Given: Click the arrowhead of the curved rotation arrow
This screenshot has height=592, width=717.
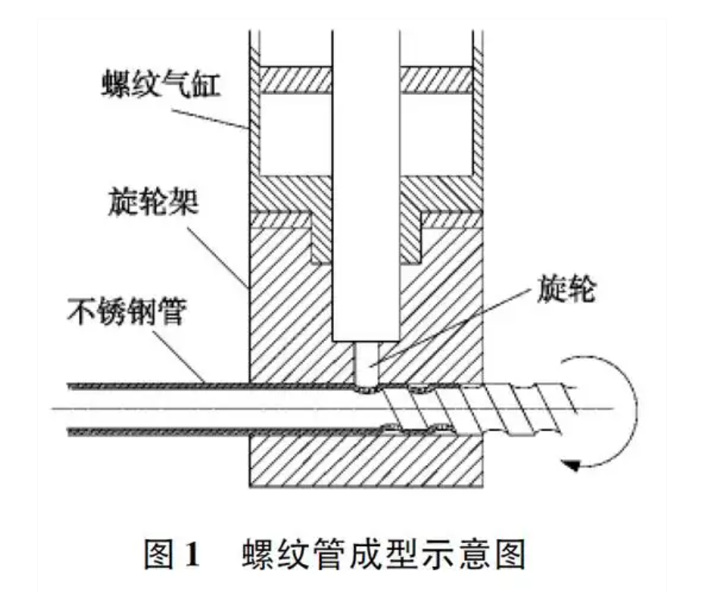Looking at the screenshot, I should (x=571, y=464).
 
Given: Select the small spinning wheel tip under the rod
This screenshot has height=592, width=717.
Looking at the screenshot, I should (x=366, y=363).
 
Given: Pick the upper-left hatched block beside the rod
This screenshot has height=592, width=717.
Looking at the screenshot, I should (x=292, y=79).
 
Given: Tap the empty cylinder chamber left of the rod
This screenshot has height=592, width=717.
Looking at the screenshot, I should (x=295, y=133).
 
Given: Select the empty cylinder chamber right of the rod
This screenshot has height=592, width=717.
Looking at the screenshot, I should (x=438, y=133).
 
